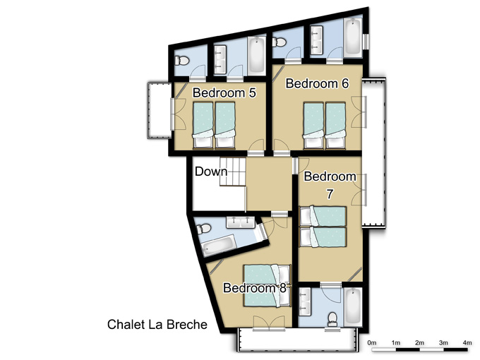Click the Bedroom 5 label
[x=224, y=92]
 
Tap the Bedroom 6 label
[x=317, y=83]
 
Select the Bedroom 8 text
[x=255, y=288]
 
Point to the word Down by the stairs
[x=211, y=172]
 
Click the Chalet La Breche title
[x=157, y=325]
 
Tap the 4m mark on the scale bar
[x=467, y=342]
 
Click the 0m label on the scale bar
[x=372, y=342]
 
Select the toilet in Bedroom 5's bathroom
[x=182, y=60]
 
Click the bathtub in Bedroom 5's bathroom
[x=256, y=55]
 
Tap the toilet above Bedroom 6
[x=279, y=42]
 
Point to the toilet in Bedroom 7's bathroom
[x=332, y=319]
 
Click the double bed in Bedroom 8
[x=267, y=286]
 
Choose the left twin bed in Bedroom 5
[x=203, y=126]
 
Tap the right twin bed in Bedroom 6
[x=335, y=126]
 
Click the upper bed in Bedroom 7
[x=323, y=217]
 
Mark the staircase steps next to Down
[x=233, y=172]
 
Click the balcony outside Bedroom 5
[x=160, y=110]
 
